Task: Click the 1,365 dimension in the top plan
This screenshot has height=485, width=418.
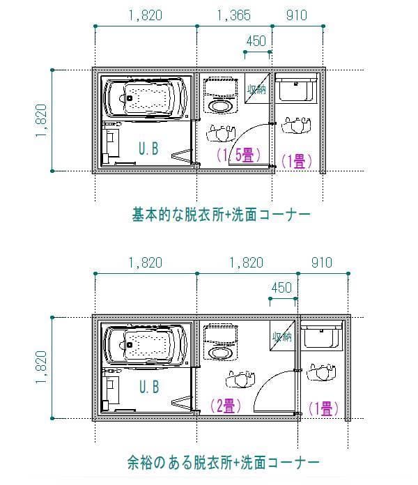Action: [x=234, y=15]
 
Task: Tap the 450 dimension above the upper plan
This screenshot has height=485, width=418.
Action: [x=256, y=41]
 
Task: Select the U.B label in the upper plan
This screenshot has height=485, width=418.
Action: [x=148, y=148]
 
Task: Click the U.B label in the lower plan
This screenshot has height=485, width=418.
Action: [x=149, y=387]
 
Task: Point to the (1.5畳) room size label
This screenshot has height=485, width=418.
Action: [x=238, y=155]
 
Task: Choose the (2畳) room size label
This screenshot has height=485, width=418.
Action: [x=226, y=406]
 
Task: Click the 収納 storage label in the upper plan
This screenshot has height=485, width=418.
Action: [x=256, y=89]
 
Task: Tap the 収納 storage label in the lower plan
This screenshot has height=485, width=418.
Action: [x=281, y=337]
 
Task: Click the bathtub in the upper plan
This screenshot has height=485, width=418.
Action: [x=146, y=97]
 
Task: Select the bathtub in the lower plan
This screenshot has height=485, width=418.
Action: [x=146, y=344]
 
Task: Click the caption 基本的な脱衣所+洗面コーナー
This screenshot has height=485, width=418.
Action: [x=221, y=215]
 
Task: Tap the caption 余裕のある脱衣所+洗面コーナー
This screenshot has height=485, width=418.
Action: [x=223, y=462]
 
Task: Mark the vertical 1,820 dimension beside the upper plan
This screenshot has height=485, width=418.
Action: [x=41, y=121]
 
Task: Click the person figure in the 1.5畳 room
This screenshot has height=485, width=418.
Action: [x=221, y=133]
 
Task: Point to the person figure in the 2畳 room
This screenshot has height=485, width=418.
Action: [x=240, y=378]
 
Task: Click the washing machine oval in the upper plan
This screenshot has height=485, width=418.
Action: [x=220, y=106]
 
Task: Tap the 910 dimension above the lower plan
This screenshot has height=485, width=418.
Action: [x=322, y=263]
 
